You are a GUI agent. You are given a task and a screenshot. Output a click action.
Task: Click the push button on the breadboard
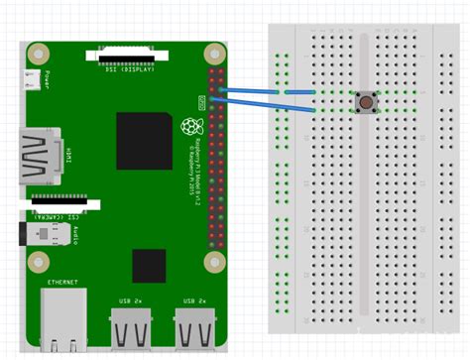pos(367,101)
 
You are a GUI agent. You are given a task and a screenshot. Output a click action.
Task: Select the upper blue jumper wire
pos(268,90)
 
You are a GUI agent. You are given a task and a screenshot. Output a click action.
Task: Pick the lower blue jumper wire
pos(268,103)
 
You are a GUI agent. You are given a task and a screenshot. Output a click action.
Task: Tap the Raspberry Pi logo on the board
pos(188,127)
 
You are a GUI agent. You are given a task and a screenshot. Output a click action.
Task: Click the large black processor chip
pos(145,140)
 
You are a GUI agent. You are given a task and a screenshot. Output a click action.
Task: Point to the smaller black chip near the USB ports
pos(149,266)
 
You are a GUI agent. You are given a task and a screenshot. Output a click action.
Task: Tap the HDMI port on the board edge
pos(37,156)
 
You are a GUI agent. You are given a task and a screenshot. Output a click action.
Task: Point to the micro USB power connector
pos(35,80)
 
